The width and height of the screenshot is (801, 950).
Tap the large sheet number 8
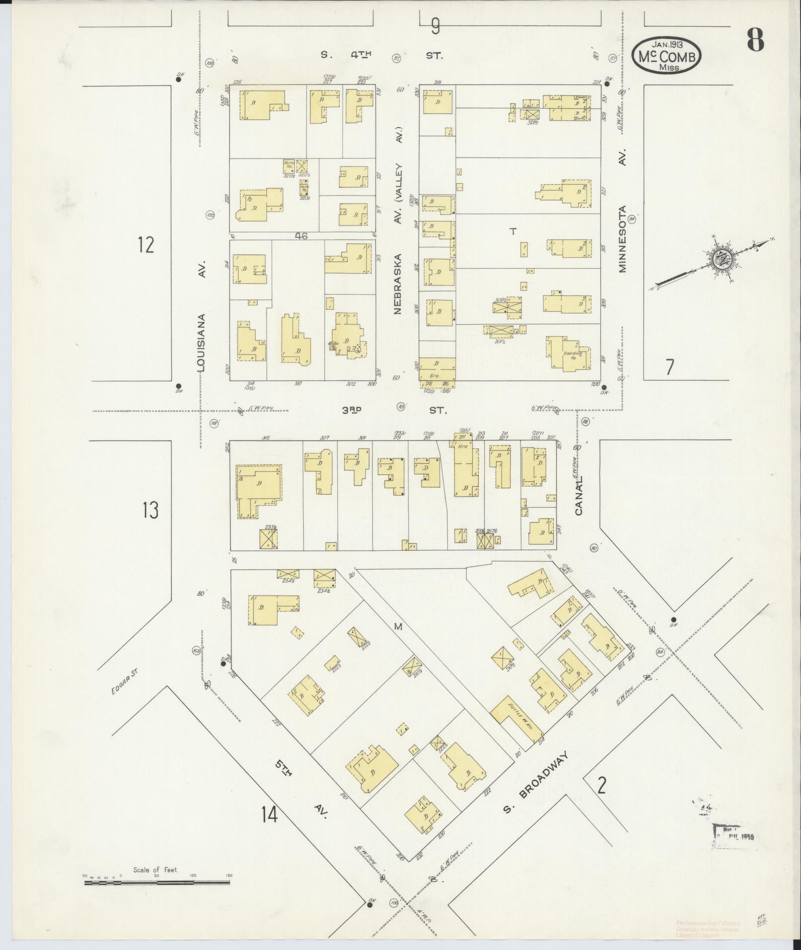pos(755,40)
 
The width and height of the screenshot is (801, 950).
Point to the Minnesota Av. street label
pos(623,238)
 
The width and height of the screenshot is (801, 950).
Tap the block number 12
pos(146,245)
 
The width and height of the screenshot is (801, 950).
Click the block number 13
pos(150,510)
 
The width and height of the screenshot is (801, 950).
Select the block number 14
pos(270,814)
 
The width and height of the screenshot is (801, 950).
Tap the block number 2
pos(602,786)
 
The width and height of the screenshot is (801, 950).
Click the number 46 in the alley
pos(301,236)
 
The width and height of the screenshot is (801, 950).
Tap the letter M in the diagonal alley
pos(397,627)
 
